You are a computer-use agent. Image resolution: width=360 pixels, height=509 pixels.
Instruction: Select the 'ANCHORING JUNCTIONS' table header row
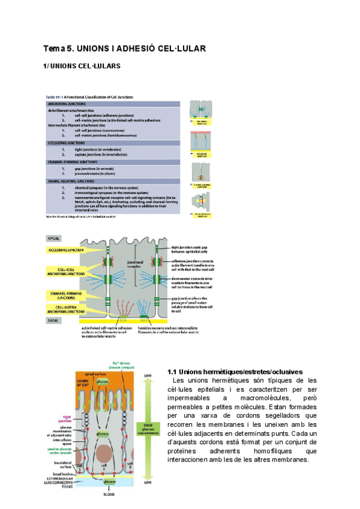click(x=114, y=103)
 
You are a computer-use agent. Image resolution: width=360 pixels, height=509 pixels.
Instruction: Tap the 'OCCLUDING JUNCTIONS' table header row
click(x=114, y=143)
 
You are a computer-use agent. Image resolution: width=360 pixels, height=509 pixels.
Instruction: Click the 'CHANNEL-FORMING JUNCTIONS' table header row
click(x=114, y=162)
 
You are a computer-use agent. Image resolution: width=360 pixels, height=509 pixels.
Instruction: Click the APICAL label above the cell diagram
click(x=55, y=238)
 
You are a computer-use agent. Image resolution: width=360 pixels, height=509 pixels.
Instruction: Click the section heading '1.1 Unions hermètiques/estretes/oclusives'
click(x=235, y=372)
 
